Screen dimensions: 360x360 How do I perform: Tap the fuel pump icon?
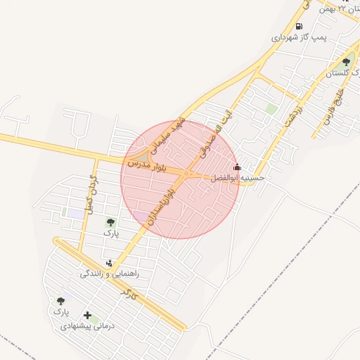click(x=299, y=27)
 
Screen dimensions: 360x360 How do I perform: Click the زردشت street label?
click(x=295, y=117)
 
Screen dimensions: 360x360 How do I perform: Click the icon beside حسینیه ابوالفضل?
click(x=237, y=167)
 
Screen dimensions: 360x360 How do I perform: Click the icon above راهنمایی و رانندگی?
click(x=108, y=263)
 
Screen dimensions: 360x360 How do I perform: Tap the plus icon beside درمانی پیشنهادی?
click(x=87, y=316)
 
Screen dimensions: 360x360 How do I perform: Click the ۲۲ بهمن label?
click(x=333, y=8)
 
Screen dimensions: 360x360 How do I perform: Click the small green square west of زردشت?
click(x=271, y=109)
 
